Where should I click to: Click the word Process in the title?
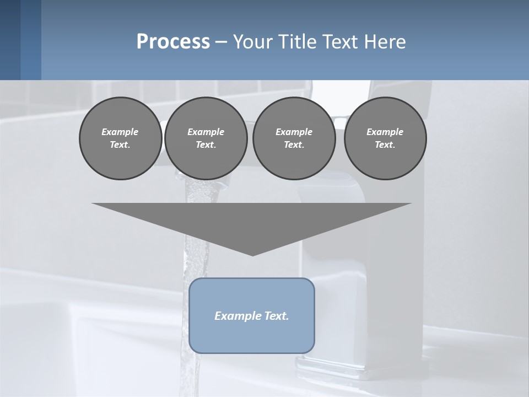click(173, 42)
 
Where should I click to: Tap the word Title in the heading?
click(298, 42)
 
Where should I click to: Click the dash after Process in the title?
click(221, 42)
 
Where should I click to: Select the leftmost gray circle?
click(120, 138)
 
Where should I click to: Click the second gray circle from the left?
click(206, 138)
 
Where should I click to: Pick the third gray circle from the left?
click(294, 138)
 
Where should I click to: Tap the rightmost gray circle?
click(385, 138)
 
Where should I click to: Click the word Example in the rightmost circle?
click(385, 132)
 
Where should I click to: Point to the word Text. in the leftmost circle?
click(120, 144)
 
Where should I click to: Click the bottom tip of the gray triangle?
click(252, 254)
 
